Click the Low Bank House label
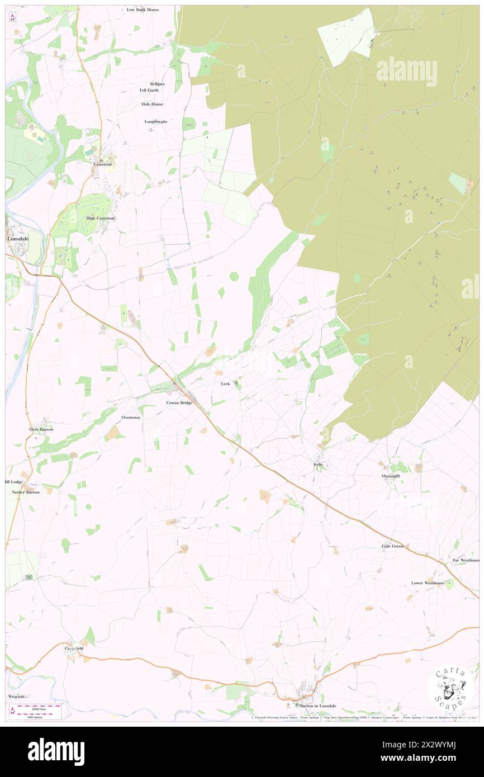143,10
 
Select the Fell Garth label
149,90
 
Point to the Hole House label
152,104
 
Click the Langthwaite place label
156,121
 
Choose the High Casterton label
100,218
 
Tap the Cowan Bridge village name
179,402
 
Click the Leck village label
225,384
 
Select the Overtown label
131,418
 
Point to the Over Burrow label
42,429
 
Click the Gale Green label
392,546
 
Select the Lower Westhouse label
428,583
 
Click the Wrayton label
16,697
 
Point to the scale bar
37,711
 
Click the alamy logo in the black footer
56,751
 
